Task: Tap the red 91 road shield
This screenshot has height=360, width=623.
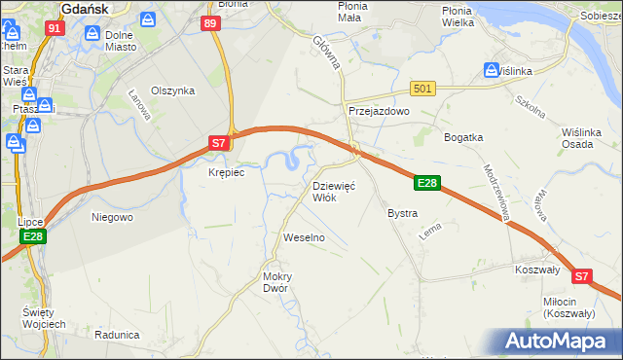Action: click(x=54, y=29)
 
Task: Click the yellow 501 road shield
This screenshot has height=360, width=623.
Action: click(x=421, y=89)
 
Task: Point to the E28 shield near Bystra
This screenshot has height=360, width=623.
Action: click(x=429, y=182)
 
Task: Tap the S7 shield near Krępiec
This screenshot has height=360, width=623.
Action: click(x=221, y=144)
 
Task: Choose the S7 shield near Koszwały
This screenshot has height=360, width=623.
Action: click(x=581, y=276)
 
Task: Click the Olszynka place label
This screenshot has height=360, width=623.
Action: click(x=173, y=90)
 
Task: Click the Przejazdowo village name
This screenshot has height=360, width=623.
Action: click(x=380, y=112)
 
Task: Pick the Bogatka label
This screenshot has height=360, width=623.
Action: click(x=463, y=137)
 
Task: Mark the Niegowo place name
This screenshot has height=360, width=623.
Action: click(x=112, y=217)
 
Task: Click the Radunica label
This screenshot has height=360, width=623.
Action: click(x=117, y=334)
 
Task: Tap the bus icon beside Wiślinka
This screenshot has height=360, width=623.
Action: click(x=493, y=70)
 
